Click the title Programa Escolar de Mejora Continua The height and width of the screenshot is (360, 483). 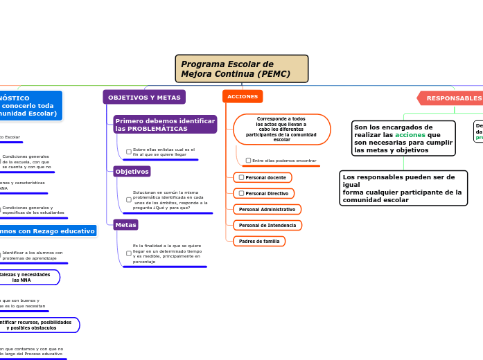[241, 69]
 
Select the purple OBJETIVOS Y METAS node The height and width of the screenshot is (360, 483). [144, 98]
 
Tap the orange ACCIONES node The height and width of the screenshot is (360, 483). [243, 97]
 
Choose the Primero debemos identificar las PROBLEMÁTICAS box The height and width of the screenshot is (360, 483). [165, 125]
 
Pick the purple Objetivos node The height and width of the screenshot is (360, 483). [132, 171]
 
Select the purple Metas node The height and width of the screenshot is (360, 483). [125, 225]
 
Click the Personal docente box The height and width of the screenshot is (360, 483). [263, 177]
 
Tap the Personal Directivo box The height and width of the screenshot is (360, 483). [264, 193]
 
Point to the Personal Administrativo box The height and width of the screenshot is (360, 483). [267, 209]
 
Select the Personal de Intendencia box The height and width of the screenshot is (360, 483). [267, 225]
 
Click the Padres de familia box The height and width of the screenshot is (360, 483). [259, 241]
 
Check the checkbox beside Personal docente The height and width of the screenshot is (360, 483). [241, 177]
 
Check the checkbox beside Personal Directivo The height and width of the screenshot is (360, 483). [241, 193]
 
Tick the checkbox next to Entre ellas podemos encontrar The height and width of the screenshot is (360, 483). [248, 161]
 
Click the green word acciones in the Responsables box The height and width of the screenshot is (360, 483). [410, 135]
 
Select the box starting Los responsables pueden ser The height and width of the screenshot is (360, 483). [403, 188]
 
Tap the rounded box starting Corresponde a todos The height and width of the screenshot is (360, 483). [281, 129]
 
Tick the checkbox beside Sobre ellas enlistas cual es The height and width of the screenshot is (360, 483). [129, 152]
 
